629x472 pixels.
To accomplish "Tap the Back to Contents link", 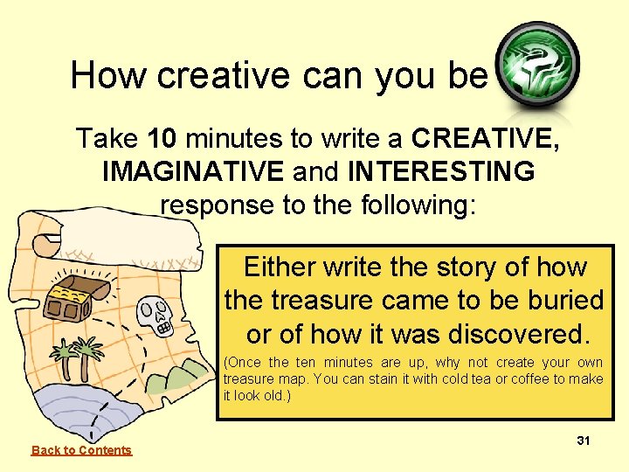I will click(x=81, y=450).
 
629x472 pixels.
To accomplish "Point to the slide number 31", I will click(x=584, y=441).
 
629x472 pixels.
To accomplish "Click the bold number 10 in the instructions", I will click(x=166, y=138).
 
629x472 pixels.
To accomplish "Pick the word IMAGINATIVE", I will click(x=192, y=171).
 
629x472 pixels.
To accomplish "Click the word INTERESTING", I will click(x=440, y=171).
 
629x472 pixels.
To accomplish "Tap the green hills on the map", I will click(x=184, y=375).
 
